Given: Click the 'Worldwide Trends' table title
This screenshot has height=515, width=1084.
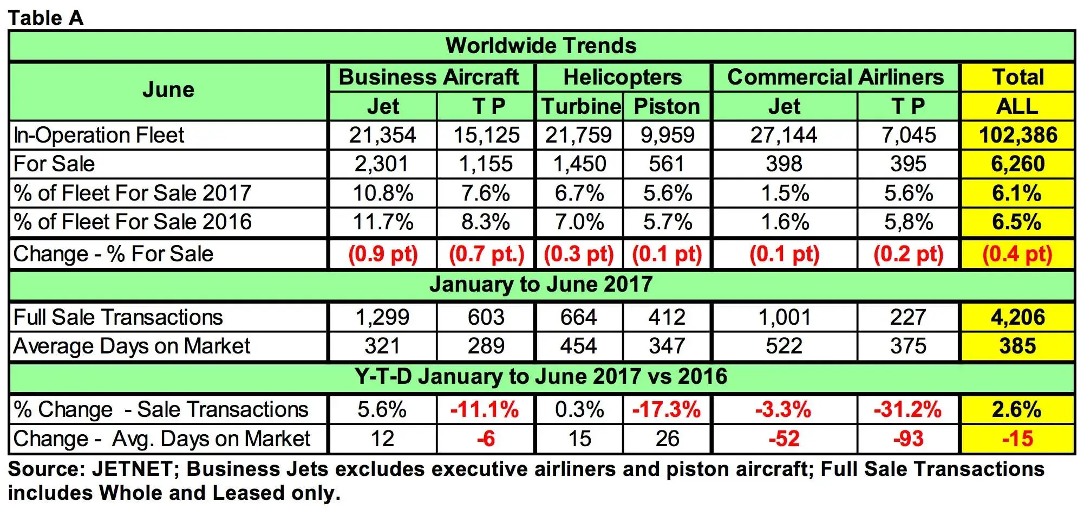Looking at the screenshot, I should pos(541,46).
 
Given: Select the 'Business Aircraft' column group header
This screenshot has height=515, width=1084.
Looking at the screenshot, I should pos(429,77).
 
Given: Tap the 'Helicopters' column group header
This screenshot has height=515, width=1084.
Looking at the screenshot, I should pos(623,77).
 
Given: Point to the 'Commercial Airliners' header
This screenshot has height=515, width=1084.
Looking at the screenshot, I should pos(835,77).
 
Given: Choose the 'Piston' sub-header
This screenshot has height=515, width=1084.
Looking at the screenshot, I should pos(667,106).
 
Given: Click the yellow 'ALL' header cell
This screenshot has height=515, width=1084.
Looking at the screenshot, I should pos(1017,106).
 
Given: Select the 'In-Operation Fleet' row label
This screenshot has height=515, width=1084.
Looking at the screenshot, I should pos(99,135).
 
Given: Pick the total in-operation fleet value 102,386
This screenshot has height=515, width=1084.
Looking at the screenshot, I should pos(1018,135).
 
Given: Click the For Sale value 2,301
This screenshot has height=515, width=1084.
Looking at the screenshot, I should pos(382,164).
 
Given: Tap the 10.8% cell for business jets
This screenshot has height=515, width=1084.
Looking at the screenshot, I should pos(383,193).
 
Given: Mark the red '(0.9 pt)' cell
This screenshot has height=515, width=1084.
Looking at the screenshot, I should pos(383,254).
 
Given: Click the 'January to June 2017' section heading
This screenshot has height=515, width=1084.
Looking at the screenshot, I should pos(541,285).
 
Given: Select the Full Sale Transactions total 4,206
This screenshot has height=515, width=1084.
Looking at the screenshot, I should pos(1018,317).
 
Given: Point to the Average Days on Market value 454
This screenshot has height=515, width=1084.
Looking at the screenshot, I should pos(578,346).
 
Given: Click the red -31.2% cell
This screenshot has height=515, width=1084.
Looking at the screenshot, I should pos(908,410).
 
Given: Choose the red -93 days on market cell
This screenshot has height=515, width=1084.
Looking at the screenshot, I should pos(908,439).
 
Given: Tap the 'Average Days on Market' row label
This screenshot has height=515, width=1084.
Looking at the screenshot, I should pos(132,346).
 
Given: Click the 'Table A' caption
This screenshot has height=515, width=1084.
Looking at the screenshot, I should pos(46,18).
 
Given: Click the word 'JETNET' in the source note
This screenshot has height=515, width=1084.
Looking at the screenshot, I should pos(132,469).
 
